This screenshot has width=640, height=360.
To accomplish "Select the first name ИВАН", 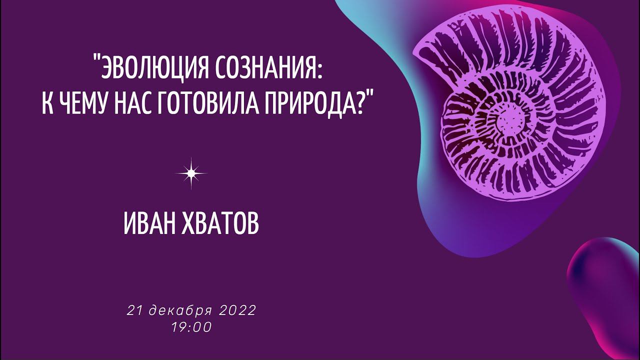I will pos(152,225).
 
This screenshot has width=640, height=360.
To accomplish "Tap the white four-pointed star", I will pos(191,173).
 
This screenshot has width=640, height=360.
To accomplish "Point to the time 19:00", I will pos(191,327).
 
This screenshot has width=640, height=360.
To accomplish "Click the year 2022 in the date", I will pos(237,310).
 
